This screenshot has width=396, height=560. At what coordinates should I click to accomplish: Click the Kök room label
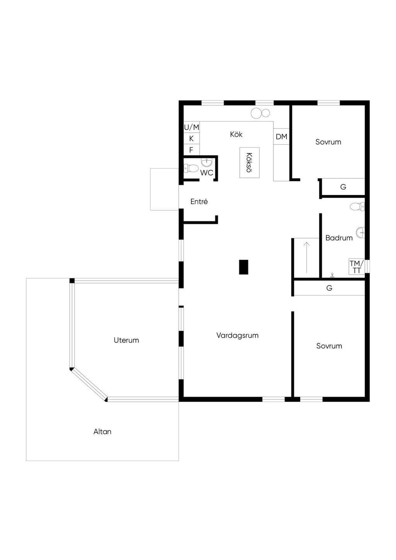236,134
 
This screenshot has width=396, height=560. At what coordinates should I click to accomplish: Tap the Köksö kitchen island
249,162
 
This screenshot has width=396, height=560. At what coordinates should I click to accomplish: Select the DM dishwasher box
281,137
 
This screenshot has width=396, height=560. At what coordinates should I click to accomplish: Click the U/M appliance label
191,128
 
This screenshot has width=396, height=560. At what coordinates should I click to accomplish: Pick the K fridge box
191,138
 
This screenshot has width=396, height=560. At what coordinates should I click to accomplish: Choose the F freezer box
191,150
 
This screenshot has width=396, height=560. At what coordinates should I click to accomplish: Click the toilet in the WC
190,168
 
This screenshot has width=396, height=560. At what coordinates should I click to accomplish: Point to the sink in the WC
207,162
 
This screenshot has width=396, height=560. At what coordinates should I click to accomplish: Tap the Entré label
199,201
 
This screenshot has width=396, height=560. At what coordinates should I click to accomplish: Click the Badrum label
339,238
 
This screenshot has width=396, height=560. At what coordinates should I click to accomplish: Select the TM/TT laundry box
356,267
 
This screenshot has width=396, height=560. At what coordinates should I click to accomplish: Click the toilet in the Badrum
357,207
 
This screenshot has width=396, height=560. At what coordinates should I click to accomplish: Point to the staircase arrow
307,258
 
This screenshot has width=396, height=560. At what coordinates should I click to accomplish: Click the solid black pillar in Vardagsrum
244,267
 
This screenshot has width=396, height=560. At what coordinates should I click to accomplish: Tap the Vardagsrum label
237,335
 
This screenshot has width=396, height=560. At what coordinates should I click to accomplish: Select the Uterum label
126,340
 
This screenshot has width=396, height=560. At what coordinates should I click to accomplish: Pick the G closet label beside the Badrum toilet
343,187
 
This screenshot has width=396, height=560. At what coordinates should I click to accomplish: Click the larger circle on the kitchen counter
256,113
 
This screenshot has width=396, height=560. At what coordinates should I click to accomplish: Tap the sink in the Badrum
360,232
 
